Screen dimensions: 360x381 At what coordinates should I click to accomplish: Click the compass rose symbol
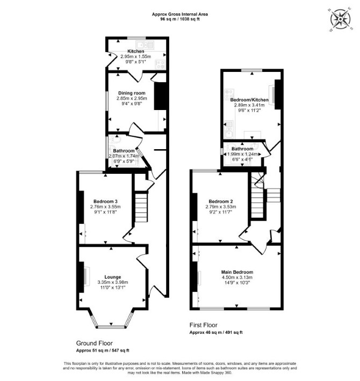(x=340, y=19)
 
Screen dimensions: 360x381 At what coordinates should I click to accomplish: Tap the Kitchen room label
(x=136, y=52)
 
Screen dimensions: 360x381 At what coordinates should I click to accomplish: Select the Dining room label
(x=132, y=93)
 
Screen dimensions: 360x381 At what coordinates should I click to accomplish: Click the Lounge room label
(x=113, y=277)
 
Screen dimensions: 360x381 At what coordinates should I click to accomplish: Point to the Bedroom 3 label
(x=105, y=201)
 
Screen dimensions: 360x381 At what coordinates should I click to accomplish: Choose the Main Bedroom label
(x=237, y=272)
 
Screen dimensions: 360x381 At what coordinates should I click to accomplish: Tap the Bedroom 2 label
(x=221, y=201)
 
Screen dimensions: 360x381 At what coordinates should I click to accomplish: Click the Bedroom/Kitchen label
(x=249, y=100)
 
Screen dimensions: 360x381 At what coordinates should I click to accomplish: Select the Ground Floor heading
(x=95, y=343)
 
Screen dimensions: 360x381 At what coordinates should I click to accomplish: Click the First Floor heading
(x=203, y=325)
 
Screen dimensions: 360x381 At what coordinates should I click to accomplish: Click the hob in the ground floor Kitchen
(x=160, y=64)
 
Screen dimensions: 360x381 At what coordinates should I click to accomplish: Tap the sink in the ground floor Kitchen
(x=145, y=45)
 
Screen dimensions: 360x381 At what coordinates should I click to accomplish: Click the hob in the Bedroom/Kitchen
(x=229, y=93)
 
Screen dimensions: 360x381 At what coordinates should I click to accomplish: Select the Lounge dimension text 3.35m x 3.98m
(x=113, y=282)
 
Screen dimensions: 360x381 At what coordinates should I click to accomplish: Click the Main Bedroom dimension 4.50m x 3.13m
(x=237, y=277)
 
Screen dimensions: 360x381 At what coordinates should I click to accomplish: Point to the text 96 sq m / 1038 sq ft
(x=180, y=19)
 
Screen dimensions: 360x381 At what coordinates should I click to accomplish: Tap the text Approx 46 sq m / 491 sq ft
(x=216, y=332)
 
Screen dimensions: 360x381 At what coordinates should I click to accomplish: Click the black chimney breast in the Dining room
(x=160, y=96)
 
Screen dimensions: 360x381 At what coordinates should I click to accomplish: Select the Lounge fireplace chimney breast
(x=81, y=277)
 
